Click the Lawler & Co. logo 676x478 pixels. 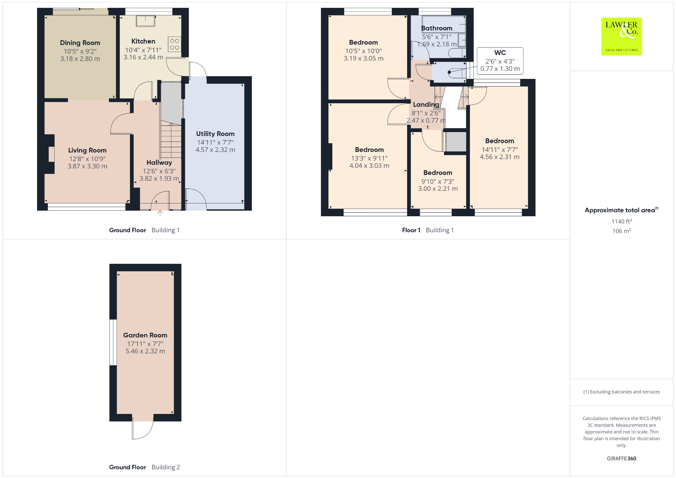point(622,36)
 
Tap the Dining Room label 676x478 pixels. point(80,43)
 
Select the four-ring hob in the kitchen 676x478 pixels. point(175,44)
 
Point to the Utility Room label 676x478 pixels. point(215,134)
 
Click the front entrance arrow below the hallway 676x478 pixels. point(160,213)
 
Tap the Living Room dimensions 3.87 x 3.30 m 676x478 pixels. point(87,166)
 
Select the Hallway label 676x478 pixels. point(159,162)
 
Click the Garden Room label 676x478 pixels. point(145,335)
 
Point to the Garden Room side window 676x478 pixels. point(113,342)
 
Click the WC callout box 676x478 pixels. point(500,61)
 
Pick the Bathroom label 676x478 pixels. point(437,28)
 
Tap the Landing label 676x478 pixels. point(426,105)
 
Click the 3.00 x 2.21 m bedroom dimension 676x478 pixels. point(438,188)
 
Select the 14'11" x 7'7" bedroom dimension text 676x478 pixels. point(500,149)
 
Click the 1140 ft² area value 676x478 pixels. point(622,221)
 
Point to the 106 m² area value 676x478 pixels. point(622,231)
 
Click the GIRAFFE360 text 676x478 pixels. point(622,458)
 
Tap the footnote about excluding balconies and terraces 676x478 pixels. point(622,392)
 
